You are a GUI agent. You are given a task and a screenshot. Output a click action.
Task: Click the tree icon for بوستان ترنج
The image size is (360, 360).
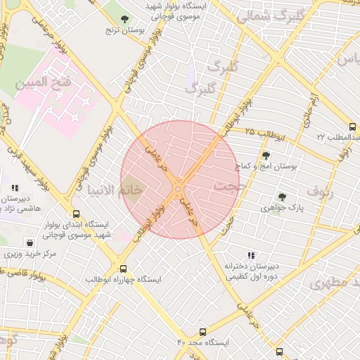(x=125, y=19)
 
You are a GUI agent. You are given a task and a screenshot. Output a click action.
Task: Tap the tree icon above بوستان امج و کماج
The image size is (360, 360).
(x=266, y=155)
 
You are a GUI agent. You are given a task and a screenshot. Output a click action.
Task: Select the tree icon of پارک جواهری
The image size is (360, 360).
(x=282, y=197)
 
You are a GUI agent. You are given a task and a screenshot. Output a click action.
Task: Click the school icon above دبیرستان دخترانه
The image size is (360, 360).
(x=251, y=256)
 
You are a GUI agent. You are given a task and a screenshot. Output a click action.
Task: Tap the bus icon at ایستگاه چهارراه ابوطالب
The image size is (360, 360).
(x=124, y=269)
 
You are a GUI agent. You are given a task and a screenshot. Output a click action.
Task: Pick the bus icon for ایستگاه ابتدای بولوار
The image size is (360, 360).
(x=76, y=214)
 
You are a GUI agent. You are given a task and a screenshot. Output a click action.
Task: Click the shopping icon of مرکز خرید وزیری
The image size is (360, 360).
(x=29, y=242)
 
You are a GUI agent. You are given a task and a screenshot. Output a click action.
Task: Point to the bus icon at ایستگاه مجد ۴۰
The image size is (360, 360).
(x=203, y=331)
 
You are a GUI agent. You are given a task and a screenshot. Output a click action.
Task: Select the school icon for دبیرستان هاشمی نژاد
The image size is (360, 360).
(x=15, y=188)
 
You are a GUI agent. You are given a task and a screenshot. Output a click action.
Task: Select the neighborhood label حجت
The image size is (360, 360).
(x=226, y=187)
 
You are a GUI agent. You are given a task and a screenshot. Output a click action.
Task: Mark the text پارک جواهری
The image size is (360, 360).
(x=282, y=208)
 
